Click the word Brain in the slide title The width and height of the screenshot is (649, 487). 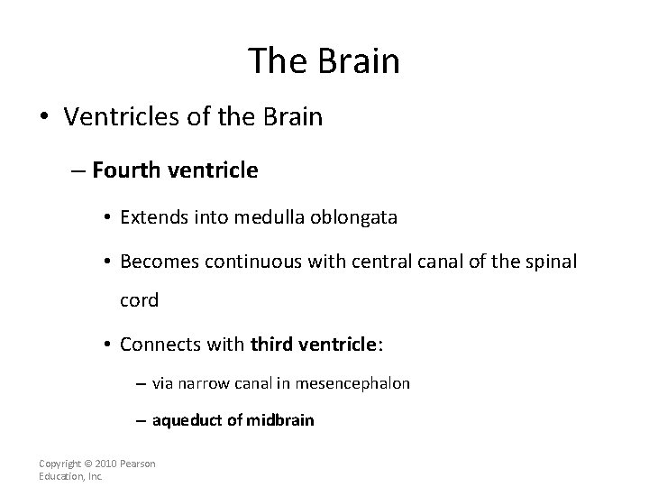[x=358, y=61]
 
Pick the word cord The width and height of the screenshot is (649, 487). [x=139, y=300]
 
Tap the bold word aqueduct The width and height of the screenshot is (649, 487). [x=185, y=420]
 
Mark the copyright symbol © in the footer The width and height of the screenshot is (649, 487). [x=90, y=464]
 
